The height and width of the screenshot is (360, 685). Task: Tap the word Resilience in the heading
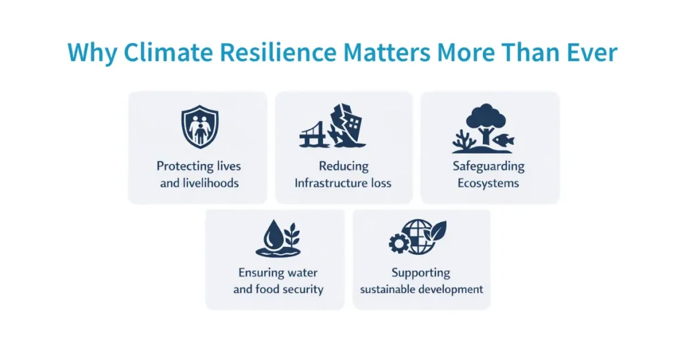pos(274,52)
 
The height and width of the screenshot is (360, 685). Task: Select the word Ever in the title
pos(589,52)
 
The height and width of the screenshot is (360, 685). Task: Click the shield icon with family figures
pos(199,127)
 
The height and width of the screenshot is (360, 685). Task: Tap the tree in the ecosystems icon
pos(483,121)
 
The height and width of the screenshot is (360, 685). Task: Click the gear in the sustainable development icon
pos(399,243)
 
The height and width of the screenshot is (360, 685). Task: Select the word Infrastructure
pos(322,183)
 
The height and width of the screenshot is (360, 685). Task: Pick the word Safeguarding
pos(488,166)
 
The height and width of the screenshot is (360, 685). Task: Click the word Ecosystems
pos(488,183)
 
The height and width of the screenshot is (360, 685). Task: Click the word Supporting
pos(421,273)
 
